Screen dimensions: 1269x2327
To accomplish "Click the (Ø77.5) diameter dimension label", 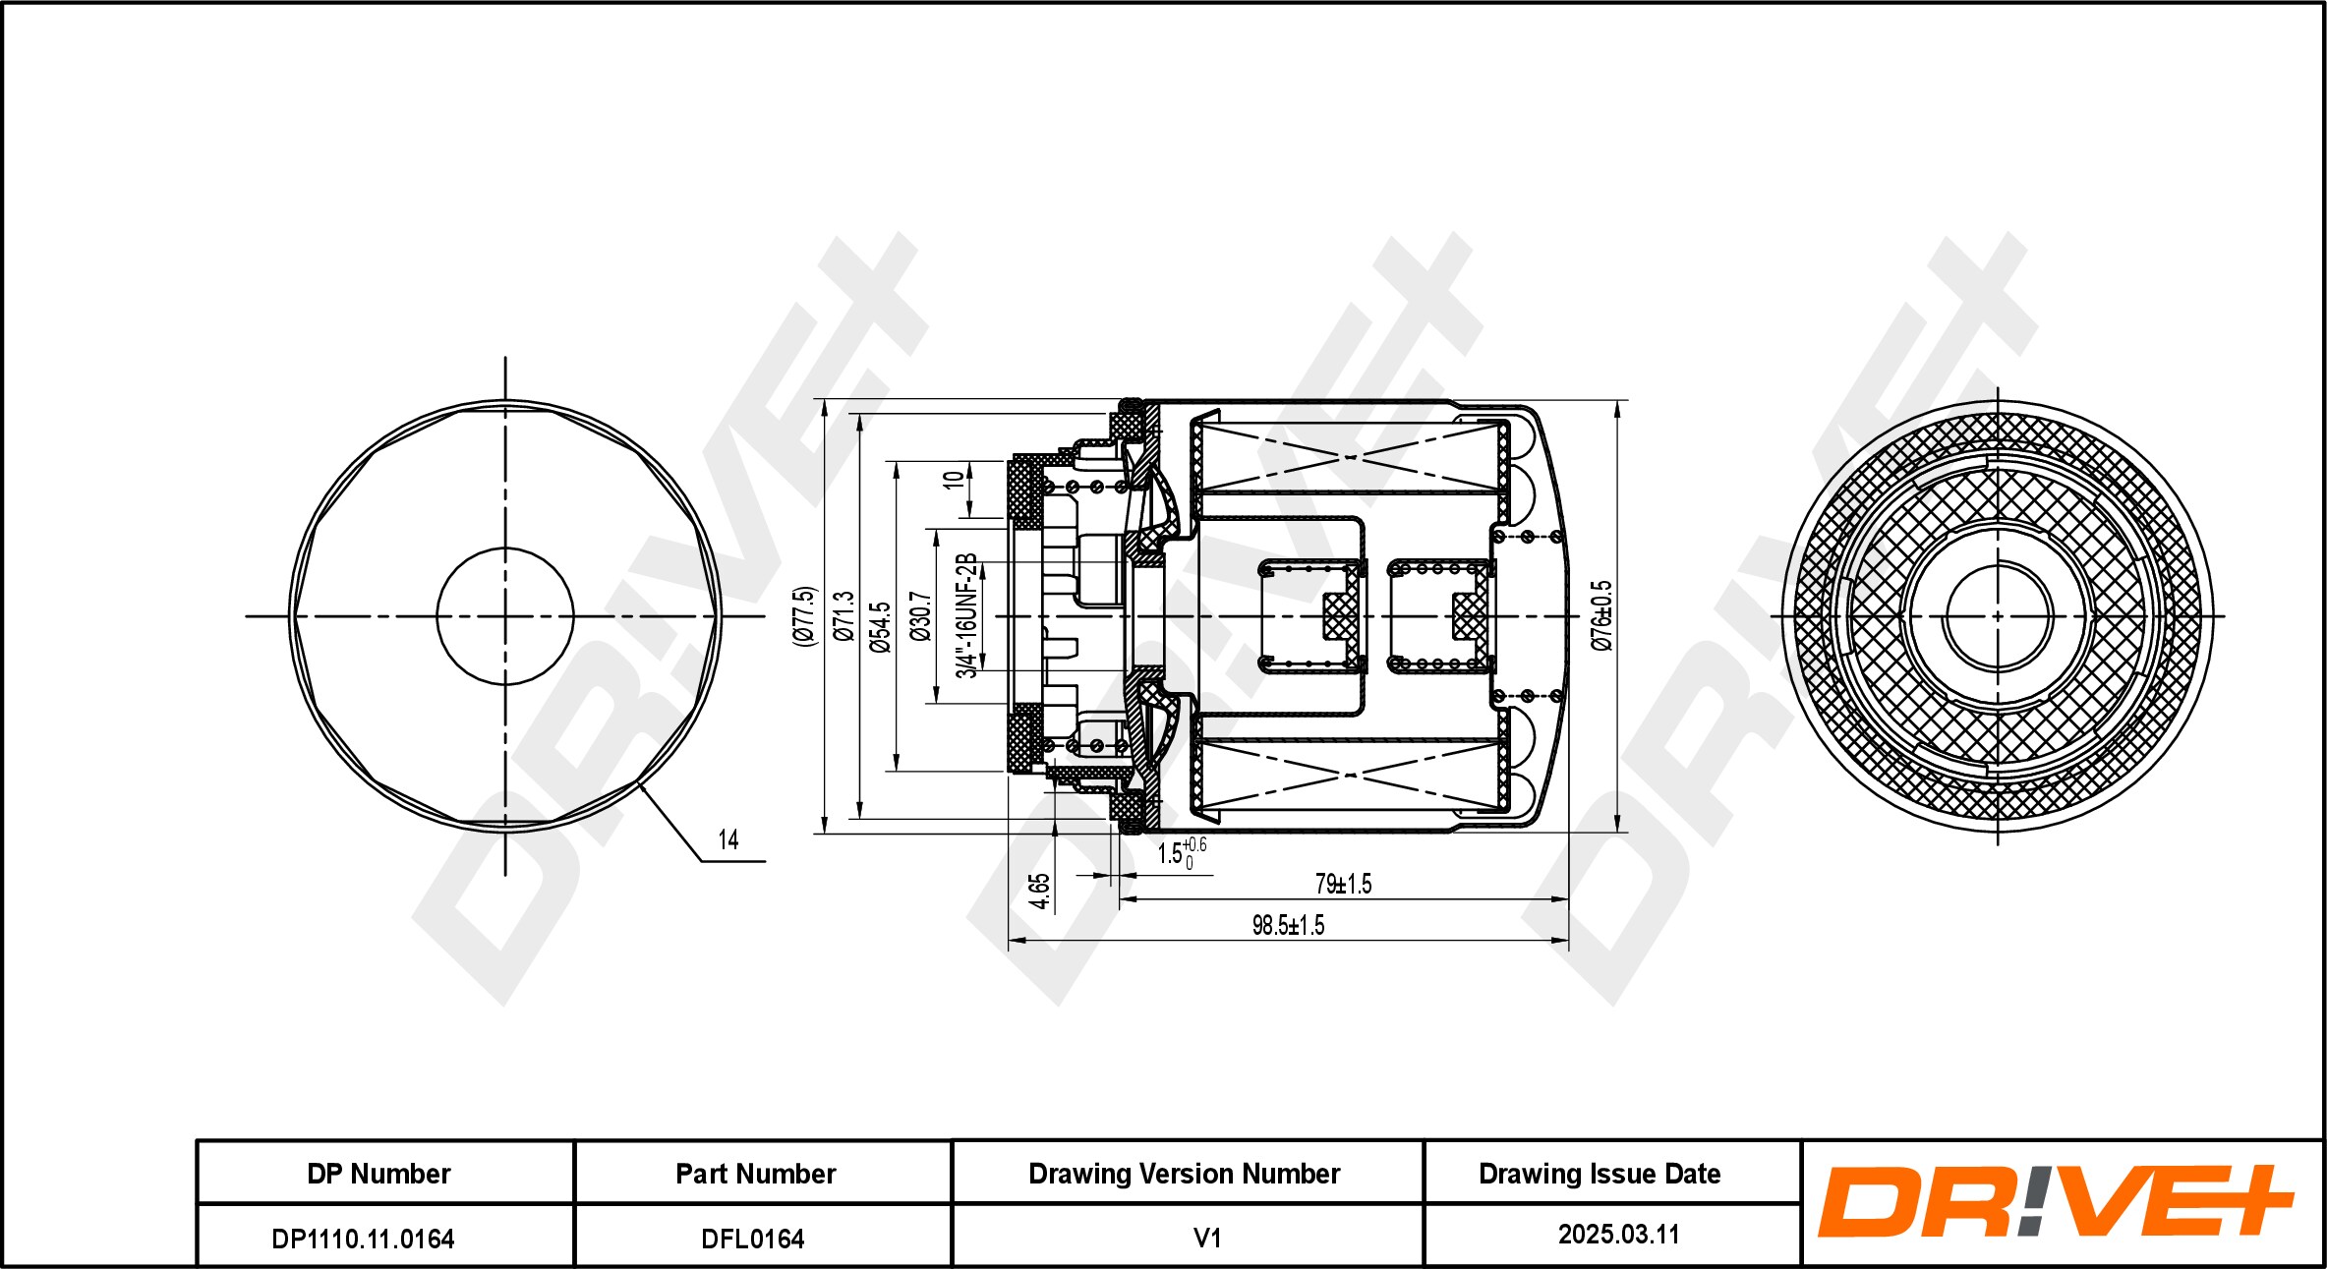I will pos(805,615).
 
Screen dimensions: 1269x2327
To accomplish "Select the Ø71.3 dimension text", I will pos(844,616).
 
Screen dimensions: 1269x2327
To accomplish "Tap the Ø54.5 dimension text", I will pos(880,627).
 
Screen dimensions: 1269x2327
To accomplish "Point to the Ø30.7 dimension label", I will pos(920,616).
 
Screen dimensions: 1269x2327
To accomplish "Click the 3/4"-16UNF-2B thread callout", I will pos(967,615).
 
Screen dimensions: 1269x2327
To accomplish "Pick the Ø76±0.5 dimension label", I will pos(1601,615).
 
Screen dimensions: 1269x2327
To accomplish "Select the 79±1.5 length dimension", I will pos(1343,884).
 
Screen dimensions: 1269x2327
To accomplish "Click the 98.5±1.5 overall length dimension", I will pos(1288,925).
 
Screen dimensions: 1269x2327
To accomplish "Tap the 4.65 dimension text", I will pos(1039,891).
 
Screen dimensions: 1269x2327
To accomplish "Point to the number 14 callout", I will pos(727,839).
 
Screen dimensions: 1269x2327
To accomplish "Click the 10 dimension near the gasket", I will pos(953,481).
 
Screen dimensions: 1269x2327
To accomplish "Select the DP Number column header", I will pos(378,1174).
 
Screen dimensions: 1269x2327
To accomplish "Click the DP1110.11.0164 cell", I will pos(363,1239).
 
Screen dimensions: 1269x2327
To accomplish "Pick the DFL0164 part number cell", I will pos(752,1239).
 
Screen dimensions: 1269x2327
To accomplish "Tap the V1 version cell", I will pos(1206,1238).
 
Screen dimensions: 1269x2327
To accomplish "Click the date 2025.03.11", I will pos(1618,1235).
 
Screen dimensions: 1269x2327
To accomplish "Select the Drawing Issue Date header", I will pos(1600,1174).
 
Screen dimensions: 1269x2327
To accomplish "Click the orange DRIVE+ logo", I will pos(2055,1201).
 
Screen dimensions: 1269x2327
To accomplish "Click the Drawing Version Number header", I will pos(1184,1174).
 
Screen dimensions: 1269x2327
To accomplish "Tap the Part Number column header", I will pos(755,1174).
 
